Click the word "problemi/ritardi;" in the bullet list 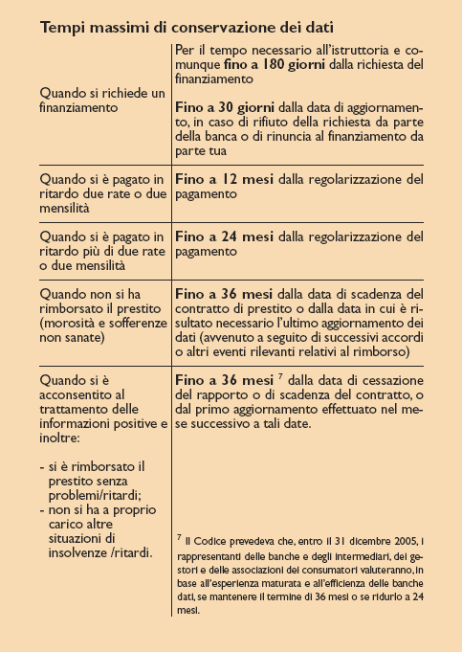point(96,498)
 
